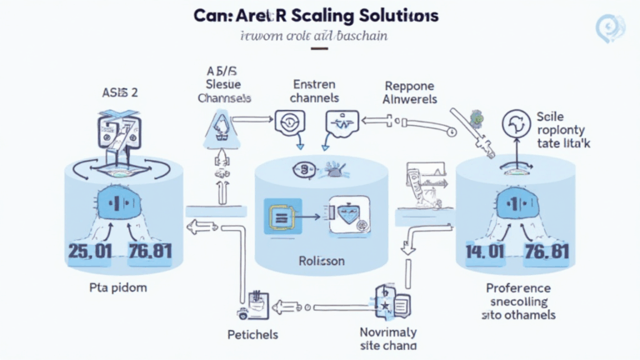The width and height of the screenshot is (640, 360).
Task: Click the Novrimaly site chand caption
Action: coord(388,337)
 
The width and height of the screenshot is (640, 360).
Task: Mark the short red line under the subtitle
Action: coord(319,49)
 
